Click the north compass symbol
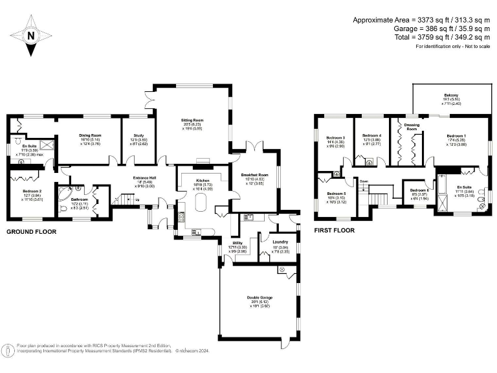30,35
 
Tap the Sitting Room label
192,120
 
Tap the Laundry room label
280,242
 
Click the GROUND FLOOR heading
31,231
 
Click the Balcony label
450,95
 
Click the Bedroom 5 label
336,194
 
